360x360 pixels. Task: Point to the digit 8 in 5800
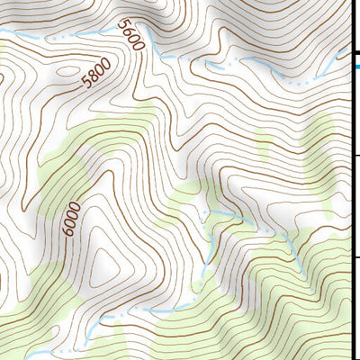(x=91, y=76)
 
